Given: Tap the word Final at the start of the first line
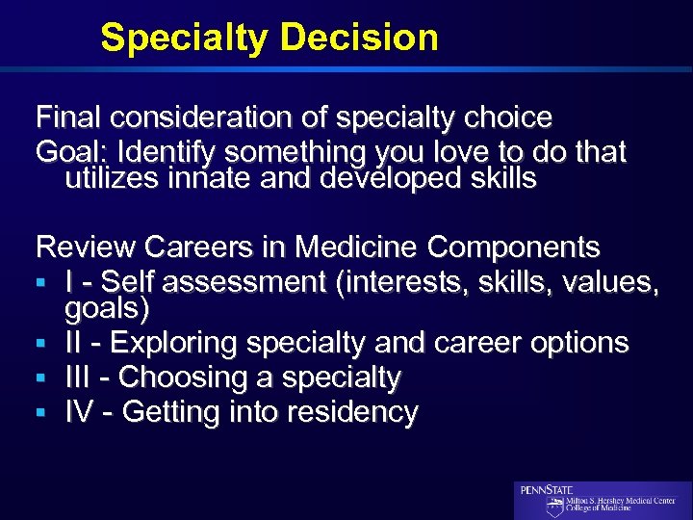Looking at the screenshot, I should [68, 118].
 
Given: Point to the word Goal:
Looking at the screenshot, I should [68, 152].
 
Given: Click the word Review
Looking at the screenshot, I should [86, 247].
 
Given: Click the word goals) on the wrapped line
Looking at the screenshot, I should [107, 308].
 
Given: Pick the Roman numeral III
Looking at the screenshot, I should [80, 377].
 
